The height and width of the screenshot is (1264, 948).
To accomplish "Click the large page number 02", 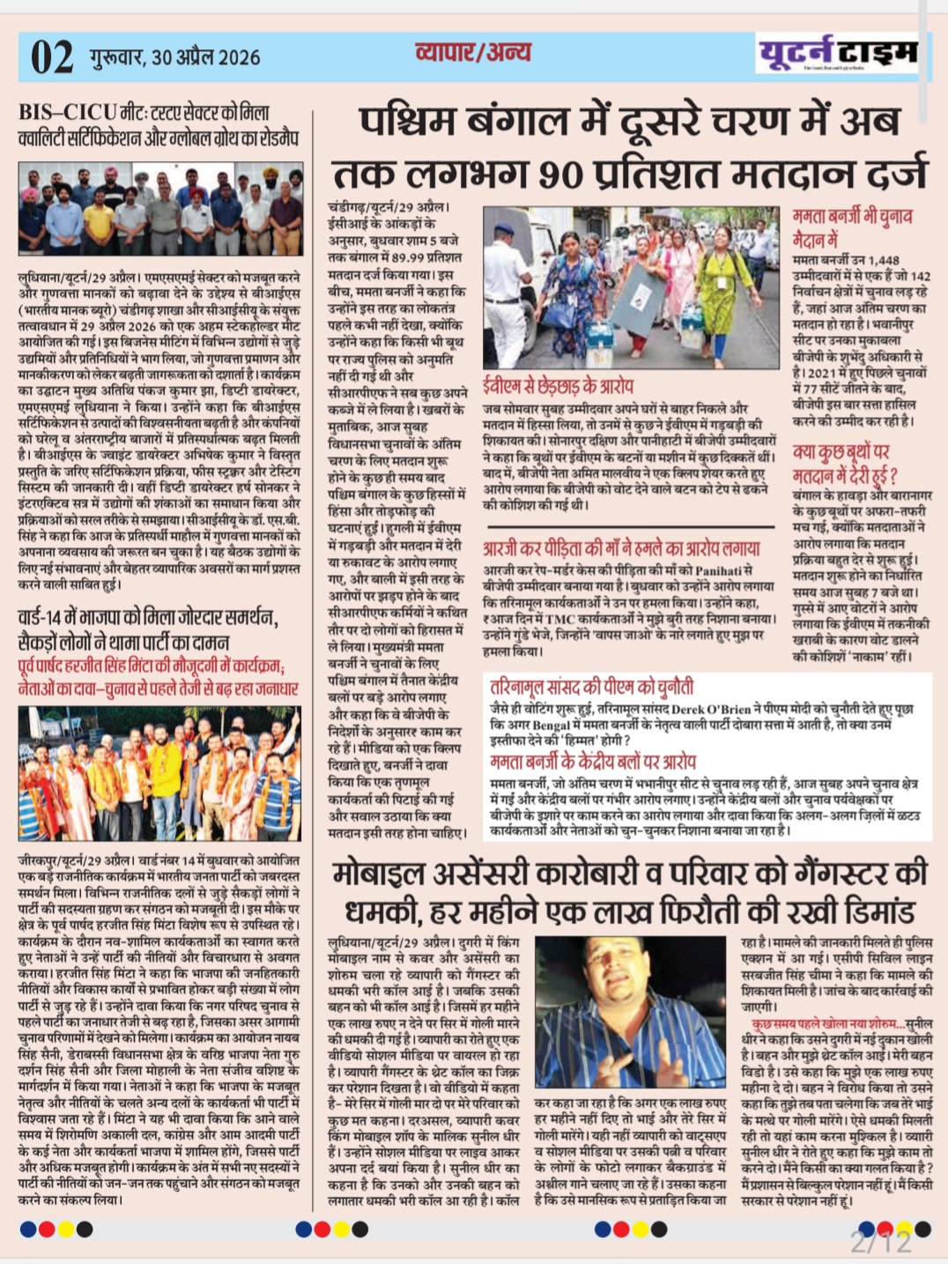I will pyautogui.click(x=52, y=58).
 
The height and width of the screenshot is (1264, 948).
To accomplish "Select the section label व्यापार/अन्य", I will pyautogui.click(x=472, y=53).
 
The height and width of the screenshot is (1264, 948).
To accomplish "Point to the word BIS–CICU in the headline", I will pyautogui.click(x=68, y=113).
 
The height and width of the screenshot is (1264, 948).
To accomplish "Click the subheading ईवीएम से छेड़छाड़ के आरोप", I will pyautogui.click(x=558, y=386).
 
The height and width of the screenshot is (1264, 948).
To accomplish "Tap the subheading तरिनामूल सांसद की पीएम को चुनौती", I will pyautogui.click(x=592, y=686).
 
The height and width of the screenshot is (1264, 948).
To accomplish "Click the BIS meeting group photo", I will pyautogui.click(x=160, y=209).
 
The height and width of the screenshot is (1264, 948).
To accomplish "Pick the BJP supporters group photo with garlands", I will pyautogui.click(x=160, y=773).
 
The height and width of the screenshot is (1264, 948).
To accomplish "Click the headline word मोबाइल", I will pyautogui.click(x=378, y=874).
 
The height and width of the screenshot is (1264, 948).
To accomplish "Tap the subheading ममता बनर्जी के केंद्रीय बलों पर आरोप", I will pyautogui.click(x=593, y=761).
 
